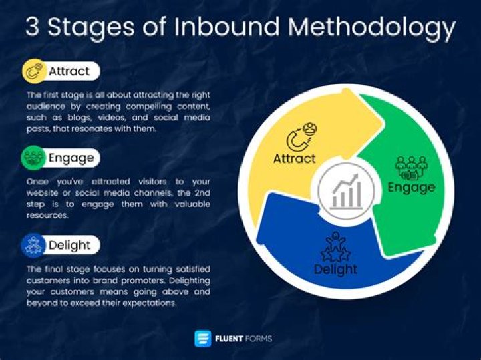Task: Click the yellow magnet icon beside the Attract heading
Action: [33, 71]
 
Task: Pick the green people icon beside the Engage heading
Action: [33, 158]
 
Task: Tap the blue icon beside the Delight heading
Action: [33, 245]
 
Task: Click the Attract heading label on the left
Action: [69, 71]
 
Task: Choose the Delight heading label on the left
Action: [69, 245]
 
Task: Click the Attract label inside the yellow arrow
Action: [295, 159]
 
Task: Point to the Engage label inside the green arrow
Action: [412, 187]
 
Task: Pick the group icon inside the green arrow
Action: [411, 167]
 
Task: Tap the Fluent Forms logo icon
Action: [202, 339]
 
